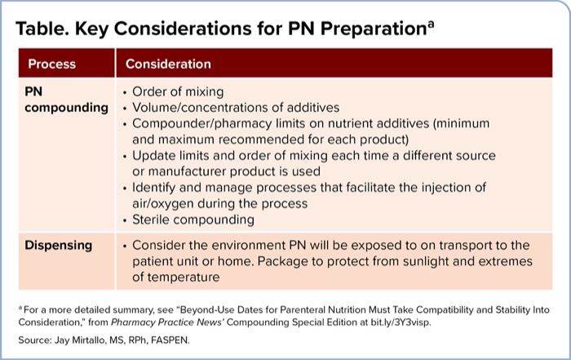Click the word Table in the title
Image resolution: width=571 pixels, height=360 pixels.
41,29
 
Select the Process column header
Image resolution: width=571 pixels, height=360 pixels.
51,64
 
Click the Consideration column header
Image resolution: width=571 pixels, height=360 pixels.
168,64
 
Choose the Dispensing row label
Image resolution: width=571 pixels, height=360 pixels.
60,245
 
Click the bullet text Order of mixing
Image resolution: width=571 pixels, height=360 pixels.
178,91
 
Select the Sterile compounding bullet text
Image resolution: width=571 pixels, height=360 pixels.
193,220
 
